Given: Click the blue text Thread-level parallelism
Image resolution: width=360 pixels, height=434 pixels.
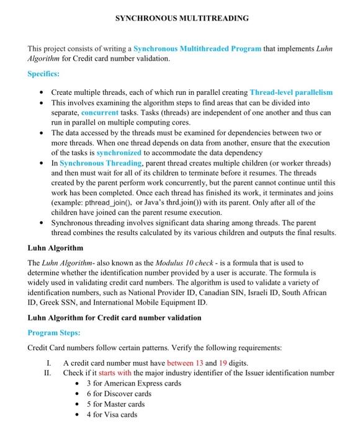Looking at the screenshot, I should [291, 92].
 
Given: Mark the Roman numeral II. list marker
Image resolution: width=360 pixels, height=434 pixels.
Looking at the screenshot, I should [46, 373].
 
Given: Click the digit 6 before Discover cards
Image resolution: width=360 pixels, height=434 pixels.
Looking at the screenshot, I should [89, 394].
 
